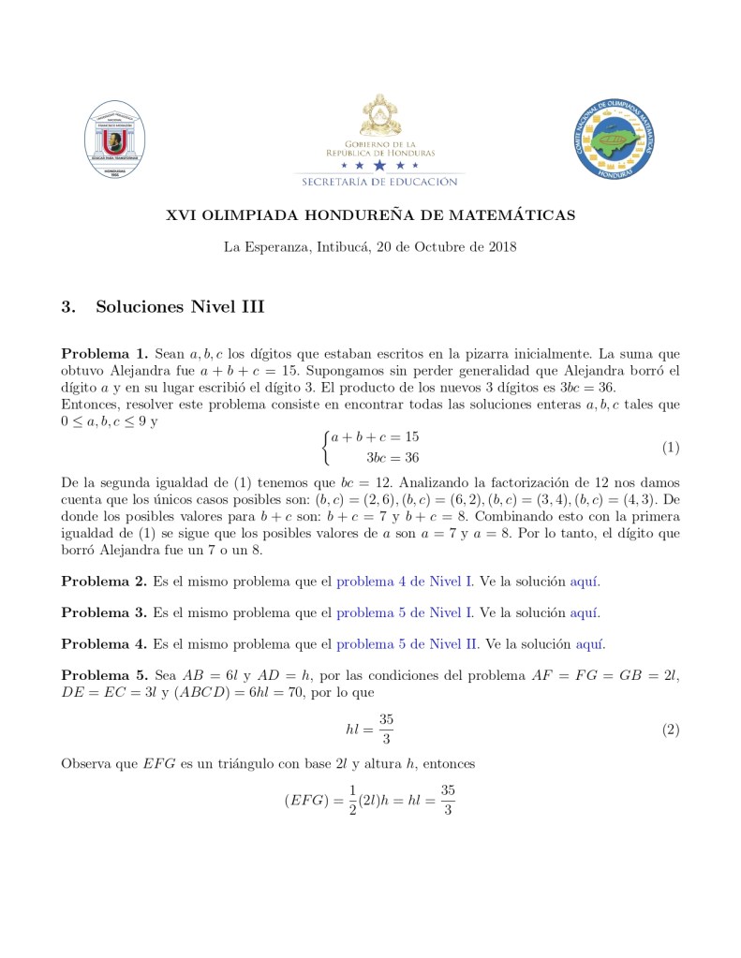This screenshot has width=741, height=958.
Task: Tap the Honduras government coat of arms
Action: click(379, 113)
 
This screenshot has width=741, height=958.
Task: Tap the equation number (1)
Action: click(670, 448)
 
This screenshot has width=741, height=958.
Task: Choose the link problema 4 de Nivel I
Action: click(405, 582)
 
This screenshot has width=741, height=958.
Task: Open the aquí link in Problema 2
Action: click(585, 582)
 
